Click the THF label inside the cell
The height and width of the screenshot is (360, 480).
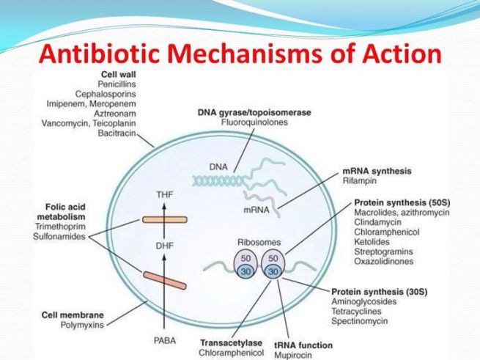pos(166,194)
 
